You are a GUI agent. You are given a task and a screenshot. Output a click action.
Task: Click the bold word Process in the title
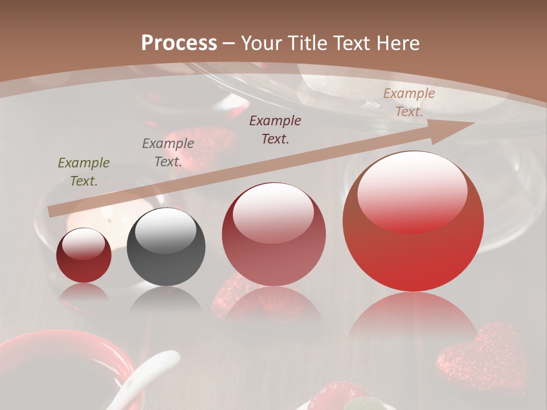(179, 43)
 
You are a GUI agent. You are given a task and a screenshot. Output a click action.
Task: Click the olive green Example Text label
(84, 172)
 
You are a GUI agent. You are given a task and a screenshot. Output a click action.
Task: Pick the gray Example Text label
(168, 152)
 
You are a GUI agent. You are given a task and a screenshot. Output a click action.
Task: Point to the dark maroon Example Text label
(275, 129)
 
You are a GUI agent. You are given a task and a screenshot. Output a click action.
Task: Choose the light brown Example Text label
(409, 102)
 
